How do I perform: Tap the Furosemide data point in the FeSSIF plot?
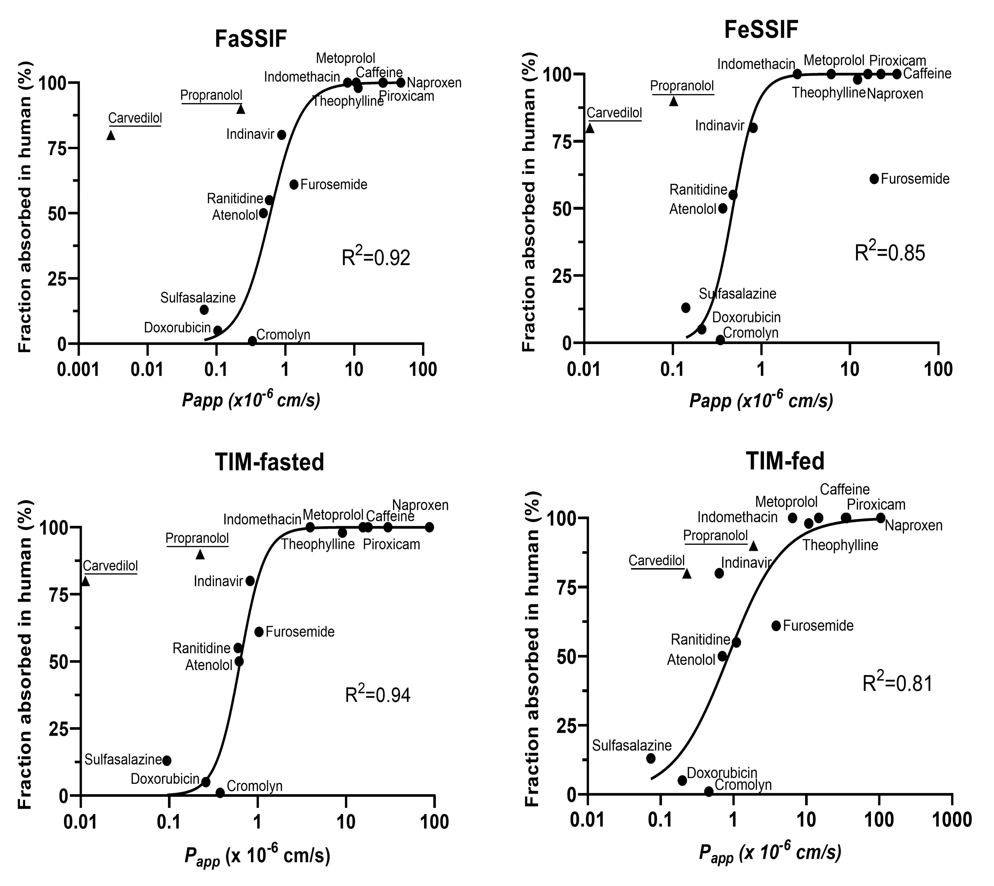(x=874, y=179)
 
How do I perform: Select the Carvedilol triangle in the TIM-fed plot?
(x=687, y=574)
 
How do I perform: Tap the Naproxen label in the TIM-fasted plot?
(x=420, y=505)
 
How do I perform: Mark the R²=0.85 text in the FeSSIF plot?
(x=890, y=253)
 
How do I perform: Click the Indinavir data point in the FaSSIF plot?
(x=281, y=134)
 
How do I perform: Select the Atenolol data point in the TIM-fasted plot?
(x=239, y=661)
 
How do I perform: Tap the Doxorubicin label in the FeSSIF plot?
(x=746, y=317)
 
